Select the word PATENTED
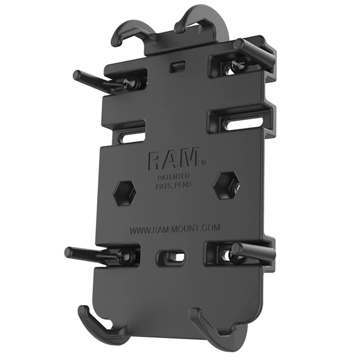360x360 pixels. click(173, 176)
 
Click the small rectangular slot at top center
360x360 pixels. click(177, 67)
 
